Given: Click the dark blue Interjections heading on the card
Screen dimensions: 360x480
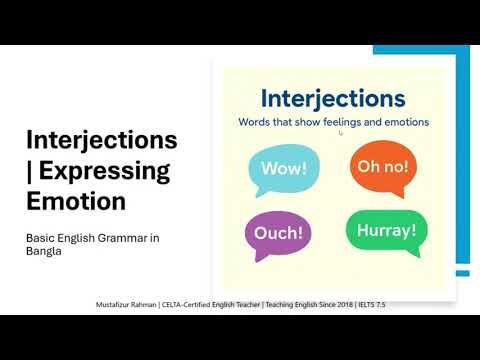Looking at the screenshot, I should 332,99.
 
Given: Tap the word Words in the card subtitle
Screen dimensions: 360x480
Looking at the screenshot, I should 254,122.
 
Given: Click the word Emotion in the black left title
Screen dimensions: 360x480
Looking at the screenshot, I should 76,200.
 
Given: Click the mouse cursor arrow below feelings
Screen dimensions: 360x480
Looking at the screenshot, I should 341,132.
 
